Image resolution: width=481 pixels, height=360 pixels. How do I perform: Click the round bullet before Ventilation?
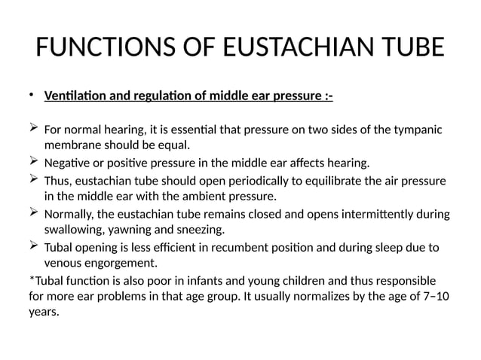point(32,96)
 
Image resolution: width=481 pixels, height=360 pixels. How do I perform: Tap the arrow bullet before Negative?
point(34,162)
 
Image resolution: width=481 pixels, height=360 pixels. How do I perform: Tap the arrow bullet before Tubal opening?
point(34,248)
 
